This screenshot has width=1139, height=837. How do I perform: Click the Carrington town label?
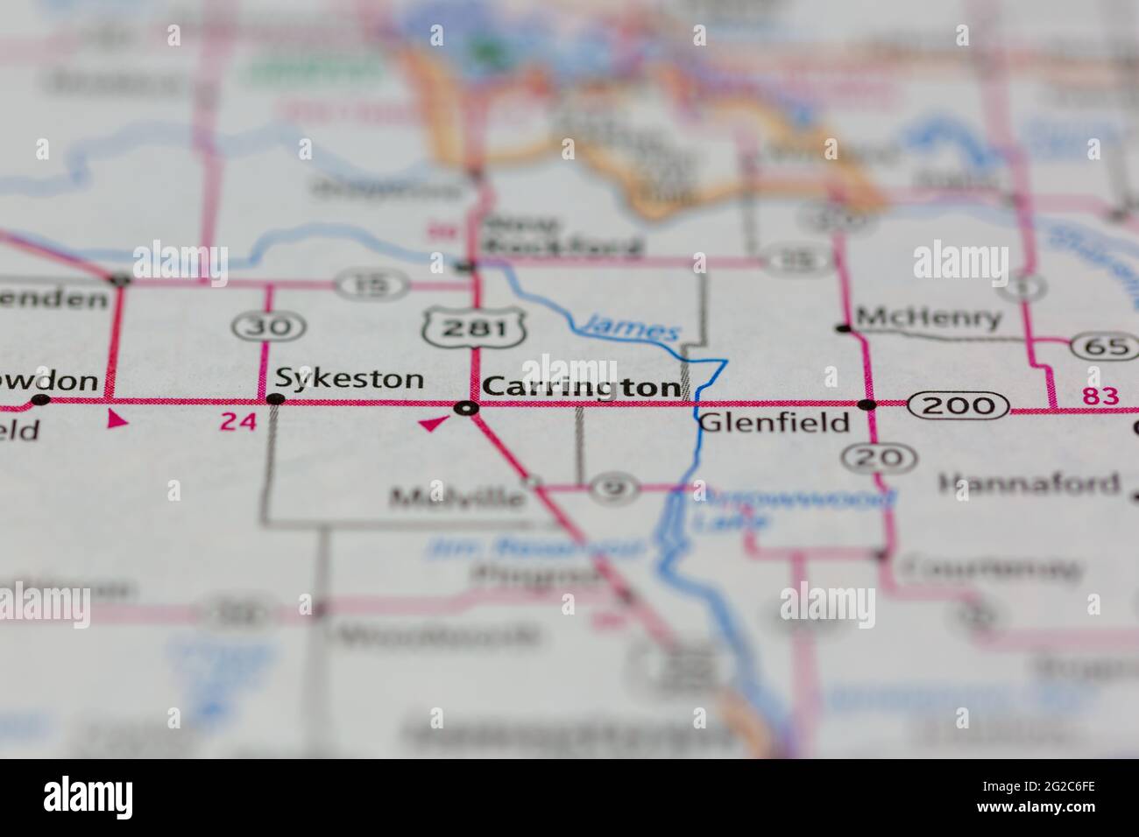[581, 386]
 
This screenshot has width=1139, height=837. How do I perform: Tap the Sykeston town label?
[350, 379]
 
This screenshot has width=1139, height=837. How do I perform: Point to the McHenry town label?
[928, 318]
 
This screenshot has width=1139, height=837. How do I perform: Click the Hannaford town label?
[1029, 482]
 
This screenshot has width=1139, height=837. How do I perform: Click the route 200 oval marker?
[958, 404]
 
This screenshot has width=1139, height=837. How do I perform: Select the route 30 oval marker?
[269, 327]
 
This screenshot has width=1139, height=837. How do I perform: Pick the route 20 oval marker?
[880, 456]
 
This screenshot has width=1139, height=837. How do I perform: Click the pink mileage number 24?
[238, 422]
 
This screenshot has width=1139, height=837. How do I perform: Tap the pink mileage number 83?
[1100, 397]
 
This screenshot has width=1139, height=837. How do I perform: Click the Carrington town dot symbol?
[468, 407]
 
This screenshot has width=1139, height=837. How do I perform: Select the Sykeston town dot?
[276, 400]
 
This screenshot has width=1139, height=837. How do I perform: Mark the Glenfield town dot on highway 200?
[867, 404]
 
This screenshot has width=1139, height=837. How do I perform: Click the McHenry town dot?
[844, 328]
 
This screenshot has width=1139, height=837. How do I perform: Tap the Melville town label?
[457, 498]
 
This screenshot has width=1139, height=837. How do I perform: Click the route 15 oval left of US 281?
[371, 285]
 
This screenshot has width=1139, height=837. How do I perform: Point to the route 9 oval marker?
[614, 489]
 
